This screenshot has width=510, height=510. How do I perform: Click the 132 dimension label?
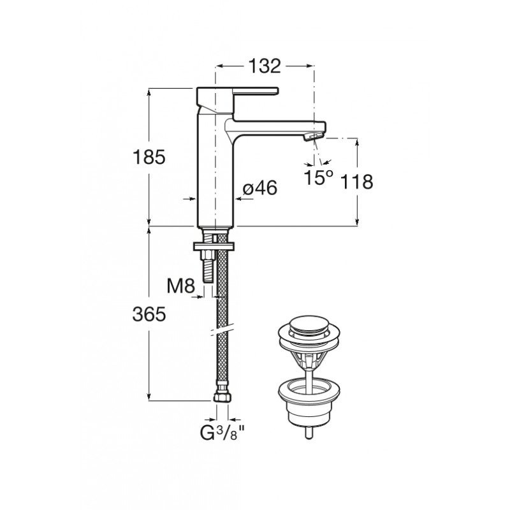pyautogui.click(x=265, y=66)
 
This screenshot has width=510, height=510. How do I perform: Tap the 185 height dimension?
pyautogui.click(x=149, y=157)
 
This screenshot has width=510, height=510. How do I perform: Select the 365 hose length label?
pyautogui.click(x=149, y=314)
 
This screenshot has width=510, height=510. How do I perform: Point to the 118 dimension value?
pyautogui.click(x=356, y=182)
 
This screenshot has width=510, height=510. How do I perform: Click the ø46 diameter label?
pyautogui.click(x=260, y=188)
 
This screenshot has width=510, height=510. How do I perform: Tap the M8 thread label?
pyautogui.click(x=181, y=286)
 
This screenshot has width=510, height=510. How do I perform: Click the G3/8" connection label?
pyautogui.click(x=222, y=433)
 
